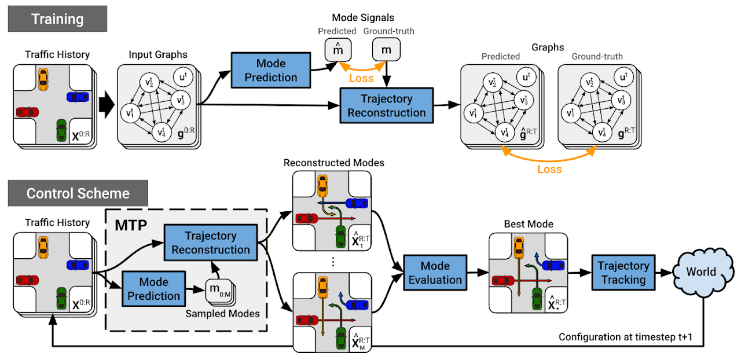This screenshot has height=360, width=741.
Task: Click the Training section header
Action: [57, 19]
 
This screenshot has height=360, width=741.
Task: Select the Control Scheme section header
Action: [78, 193]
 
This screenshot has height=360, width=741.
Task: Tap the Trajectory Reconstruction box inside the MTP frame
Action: [211, 243]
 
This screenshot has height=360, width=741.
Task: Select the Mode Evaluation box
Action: [435, 273]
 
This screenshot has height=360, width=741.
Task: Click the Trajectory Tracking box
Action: [623, 273]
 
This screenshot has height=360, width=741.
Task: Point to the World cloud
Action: [701, 272]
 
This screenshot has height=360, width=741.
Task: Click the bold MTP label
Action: [130, 223]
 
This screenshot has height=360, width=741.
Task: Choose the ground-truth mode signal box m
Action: [386, 50]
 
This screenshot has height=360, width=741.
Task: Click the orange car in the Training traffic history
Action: [43, 78]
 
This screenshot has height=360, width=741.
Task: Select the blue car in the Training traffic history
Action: [79, 98]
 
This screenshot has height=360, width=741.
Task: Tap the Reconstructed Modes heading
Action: [333, 163]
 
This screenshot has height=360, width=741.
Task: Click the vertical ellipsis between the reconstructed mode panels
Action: [333, 262]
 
